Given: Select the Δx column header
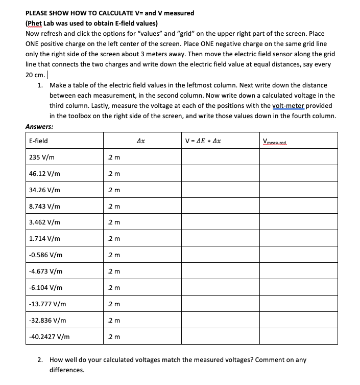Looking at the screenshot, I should [142, 141].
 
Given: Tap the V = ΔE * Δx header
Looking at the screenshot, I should [206, 141].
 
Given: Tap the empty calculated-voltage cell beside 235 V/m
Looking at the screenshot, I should [220, 157].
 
